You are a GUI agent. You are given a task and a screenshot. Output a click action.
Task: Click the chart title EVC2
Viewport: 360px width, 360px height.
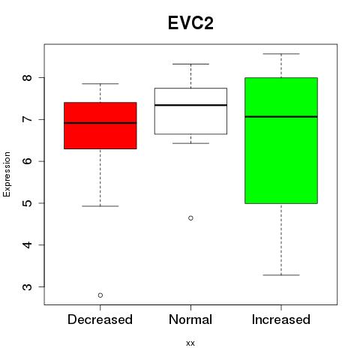190,23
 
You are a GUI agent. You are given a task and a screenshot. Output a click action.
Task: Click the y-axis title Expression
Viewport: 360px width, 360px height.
7,174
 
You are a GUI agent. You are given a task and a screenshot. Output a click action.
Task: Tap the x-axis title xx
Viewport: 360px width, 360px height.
190,343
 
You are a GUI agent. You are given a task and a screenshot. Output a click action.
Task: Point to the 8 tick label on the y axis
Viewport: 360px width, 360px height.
28,78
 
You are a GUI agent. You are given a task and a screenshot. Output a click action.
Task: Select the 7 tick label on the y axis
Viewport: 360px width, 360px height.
28,119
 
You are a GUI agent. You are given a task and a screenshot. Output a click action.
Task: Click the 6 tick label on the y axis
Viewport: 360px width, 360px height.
28,161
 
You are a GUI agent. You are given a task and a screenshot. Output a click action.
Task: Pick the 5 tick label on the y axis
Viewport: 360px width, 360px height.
28,203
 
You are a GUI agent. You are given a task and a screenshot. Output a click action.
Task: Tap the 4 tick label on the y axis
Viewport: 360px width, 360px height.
28,244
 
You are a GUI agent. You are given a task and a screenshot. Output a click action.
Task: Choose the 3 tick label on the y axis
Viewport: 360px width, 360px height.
28,286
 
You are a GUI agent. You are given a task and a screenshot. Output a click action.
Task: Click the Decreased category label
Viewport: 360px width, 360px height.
100,319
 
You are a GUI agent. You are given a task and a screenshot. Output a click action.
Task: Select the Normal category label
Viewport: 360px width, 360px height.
190,319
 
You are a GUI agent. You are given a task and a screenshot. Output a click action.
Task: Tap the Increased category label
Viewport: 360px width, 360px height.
281,319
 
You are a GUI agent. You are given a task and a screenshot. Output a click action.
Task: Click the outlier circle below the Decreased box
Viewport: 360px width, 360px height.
100,295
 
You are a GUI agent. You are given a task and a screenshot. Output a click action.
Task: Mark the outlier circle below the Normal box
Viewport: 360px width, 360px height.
190,218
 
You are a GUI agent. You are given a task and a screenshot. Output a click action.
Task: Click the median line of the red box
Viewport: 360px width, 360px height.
100,123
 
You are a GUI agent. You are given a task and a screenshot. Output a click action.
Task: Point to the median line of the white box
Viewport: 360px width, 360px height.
190,105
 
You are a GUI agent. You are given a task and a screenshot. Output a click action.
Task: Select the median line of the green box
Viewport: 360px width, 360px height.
281,116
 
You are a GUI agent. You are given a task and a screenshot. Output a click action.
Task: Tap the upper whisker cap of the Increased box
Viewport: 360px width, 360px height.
281,54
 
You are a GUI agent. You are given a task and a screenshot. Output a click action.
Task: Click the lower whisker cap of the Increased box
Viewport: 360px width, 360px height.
281,275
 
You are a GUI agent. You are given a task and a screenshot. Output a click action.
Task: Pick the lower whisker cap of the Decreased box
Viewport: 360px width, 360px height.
100,206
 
